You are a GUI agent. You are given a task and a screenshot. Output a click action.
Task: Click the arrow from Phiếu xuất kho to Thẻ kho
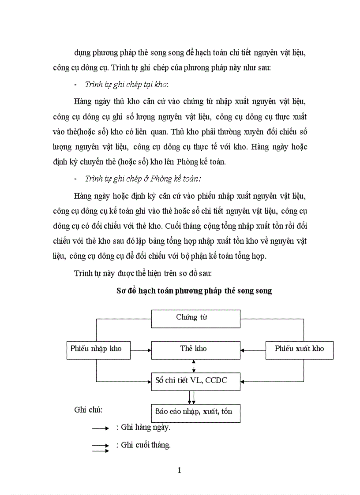pyautogui.click(x=252, y=350)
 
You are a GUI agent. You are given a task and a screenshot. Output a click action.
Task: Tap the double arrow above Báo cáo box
pyautogui.click(x=192, y=397)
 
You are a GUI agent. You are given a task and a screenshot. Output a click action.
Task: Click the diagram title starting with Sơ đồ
pyautogui.click(x=194, y=291)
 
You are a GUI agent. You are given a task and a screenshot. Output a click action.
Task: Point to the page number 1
pyautogui.click(x=179, y=470)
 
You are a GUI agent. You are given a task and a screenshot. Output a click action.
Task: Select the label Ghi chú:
pyautogui.click(x=88, y=410)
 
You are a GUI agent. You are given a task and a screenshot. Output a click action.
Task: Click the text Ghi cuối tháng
pyautogui.click(x=146, y=445)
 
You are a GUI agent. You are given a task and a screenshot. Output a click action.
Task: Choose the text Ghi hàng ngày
pyautogui.click(x=146, y=427)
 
